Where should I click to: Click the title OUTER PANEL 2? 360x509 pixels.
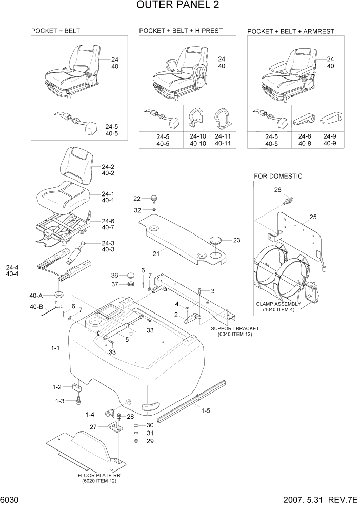179,6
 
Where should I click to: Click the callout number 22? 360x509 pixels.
137,199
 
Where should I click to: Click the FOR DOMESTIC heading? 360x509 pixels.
278,176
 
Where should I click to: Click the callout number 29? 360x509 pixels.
150,441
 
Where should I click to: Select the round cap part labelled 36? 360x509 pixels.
130,276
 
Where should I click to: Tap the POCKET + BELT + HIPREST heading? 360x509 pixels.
181,31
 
